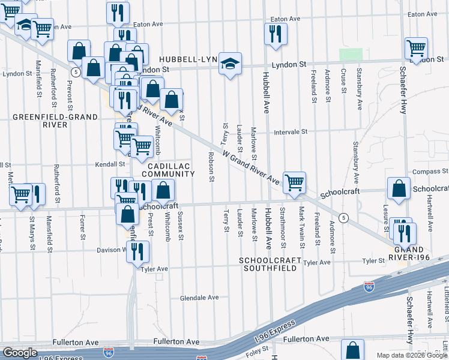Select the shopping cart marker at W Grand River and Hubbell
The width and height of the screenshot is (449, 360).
click(294, 182)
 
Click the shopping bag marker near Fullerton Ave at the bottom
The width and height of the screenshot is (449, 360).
click(353, 349)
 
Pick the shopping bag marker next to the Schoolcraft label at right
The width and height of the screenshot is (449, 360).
click(399, 188)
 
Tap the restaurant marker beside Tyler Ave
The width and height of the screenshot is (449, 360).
click(139, 251)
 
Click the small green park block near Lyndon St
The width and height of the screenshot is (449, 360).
click(347, 54)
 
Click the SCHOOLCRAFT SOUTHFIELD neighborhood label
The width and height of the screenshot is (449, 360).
click(270, 265)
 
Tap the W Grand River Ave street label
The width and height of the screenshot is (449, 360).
click(251, 167)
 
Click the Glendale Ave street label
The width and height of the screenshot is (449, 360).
click(199, 297)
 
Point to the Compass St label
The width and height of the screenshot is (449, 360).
click(427, 172)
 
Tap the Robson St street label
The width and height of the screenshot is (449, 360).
click(211, 166)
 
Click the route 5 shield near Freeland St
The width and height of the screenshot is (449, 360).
click(343, 217)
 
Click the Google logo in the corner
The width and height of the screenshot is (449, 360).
click(19, 353)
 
